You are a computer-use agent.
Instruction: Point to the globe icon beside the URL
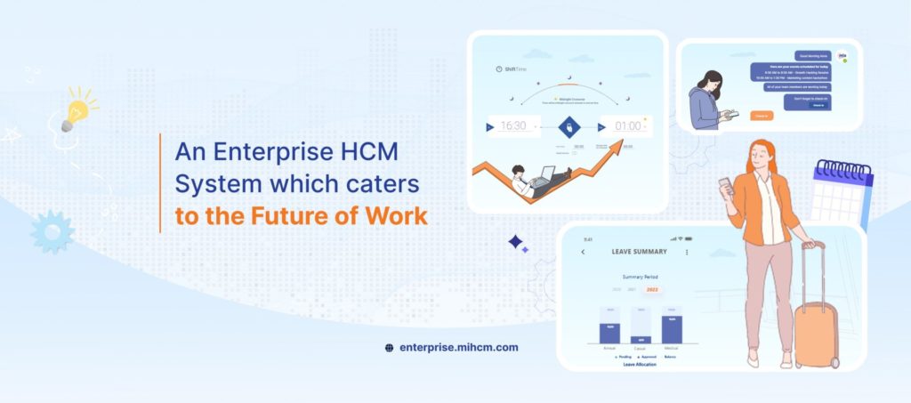(389, 348)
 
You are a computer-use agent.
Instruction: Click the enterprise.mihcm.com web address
(458, 348)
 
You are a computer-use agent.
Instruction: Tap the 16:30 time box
(514, 126)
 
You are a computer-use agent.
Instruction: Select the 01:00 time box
(627, 126)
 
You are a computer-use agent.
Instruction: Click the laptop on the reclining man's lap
(544, 174)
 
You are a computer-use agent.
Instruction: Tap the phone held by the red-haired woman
(724, 186)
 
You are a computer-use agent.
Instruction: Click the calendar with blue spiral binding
(841, 192)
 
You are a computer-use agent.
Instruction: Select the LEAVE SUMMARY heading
(639, 252)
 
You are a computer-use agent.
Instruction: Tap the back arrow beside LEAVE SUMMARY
(583, 252)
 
